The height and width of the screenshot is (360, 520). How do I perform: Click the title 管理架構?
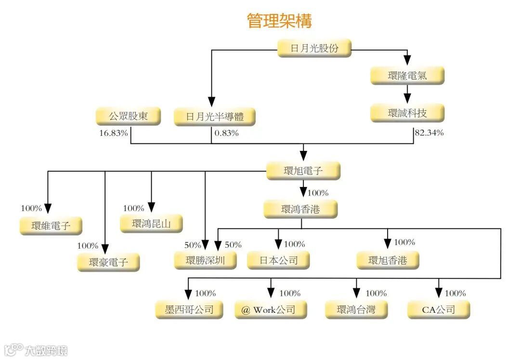[x=279, y=21]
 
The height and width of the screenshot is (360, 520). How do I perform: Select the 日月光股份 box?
[x=314, y=48]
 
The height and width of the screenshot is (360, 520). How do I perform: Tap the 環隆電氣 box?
[x=407, y=76]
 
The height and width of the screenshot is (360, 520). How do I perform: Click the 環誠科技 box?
[x=407, y=113]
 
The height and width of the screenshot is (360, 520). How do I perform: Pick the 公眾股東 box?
[x=128, y=117]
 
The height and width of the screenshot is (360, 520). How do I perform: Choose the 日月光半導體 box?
[x=214, y=117]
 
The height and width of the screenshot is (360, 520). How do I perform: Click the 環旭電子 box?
[x=303, y=171]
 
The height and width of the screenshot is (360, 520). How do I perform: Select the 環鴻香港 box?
[x=301, y=210]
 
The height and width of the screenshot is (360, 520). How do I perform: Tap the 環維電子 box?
[x=51, y=226]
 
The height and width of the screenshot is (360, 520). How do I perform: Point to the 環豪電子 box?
[x=108, y=263]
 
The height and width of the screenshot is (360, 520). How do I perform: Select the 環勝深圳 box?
[x=205, y=261]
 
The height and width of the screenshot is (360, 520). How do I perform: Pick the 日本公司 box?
[x=278, y=261]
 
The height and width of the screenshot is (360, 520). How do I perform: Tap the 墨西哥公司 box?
[x=189, y=309]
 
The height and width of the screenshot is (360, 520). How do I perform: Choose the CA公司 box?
[x=438, y=309]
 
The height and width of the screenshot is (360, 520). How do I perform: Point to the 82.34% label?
[x=429, y=133]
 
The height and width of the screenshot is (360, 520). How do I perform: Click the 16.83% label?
[x=114, y=133]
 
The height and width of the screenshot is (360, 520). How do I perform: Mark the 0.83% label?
[x=226, y=133]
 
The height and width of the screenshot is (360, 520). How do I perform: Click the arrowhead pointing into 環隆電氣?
[x=407, y=60]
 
